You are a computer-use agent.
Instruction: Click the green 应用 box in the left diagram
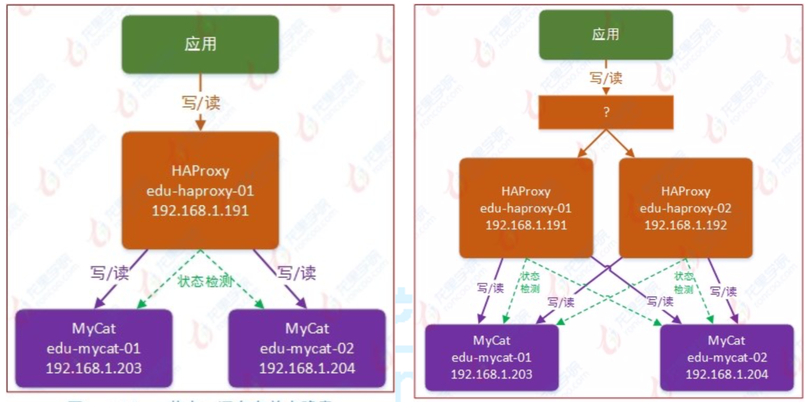(200, 44)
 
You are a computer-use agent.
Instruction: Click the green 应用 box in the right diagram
(605, 34)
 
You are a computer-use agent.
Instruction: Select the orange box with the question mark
(606, 113)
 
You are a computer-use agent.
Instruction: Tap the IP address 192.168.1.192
(686, 224)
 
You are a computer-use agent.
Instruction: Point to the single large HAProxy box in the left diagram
(200, 190)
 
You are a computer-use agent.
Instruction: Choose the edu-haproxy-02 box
(686, 208)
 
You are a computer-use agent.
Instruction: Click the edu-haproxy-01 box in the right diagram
(526, 208)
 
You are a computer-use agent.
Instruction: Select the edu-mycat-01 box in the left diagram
(93, 348)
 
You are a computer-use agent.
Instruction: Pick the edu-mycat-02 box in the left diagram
(307, 348)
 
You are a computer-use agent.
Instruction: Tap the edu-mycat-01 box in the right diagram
(491, 357)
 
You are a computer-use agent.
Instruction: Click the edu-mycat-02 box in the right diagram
(727, 357)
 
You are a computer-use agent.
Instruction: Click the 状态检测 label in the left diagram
(205, 281)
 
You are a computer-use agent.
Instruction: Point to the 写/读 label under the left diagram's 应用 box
(200, 102)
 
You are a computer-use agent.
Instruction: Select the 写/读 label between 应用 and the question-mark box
(605, 78)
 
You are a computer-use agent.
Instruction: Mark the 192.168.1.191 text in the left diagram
(200, 210)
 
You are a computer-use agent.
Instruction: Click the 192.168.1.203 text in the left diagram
(93, 368)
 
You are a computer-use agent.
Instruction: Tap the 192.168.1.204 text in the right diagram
(727, 374)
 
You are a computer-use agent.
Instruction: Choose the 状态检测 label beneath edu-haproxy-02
(683, 283)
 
